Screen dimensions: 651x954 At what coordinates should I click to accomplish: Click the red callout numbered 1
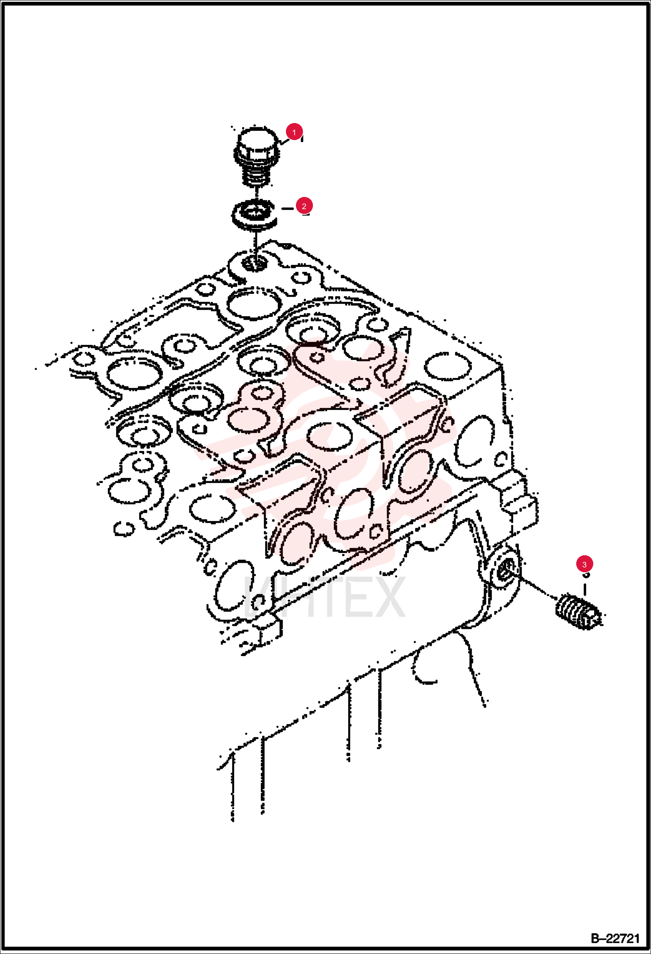click(294, 132)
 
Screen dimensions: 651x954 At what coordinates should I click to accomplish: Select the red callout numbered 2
click(304, 206)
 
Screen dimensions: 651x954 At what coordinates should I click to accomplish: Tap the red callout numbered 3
click(584, 564)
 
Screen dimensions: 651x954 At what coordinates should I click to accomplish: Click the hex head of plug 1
click(257, 146)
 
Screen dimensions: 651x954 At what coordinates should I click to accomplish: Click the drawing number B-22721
click(615, 938)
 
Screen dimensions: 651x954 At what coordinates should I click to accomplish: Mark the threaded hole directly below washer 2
click(254, 262)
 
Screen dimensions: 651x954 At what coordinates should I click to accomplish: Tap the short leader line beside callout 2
click(288, 209)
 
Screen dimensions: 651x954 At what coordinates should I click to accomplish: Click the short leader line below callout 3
click(585, 589)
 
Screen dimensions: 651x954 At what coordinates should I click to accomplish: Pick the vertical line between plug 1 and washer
click(257, 193)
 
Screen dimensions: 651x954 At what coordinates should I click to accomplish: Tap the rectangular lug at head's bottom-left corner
click(267, 630)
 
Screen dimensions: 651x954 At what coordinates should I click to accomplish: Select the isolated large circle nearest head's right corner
click(448, 365)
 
